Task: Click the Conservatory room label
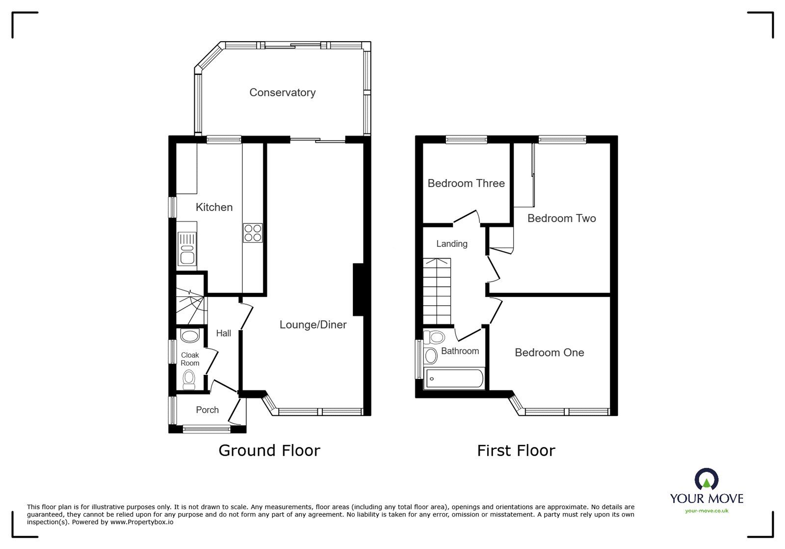282,92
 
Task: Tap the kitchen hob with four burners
252,233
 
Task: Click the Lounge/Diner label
313,325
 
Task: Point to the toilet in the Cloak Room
189,378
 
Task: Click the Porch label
207,410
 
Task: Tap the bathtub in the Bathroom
454,379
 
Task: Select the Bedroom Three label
466,183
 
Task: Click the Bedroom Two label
561,218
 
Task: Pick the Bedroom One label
549,352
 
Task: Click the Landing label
451,244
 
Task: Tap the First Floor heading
516,450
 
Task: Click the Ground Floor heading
269,450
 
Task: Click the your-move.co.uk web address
706,511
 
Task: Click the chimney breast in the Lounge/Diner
358,289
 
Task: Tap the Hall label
223,333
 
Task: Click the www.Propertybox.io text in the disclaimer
141,522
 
